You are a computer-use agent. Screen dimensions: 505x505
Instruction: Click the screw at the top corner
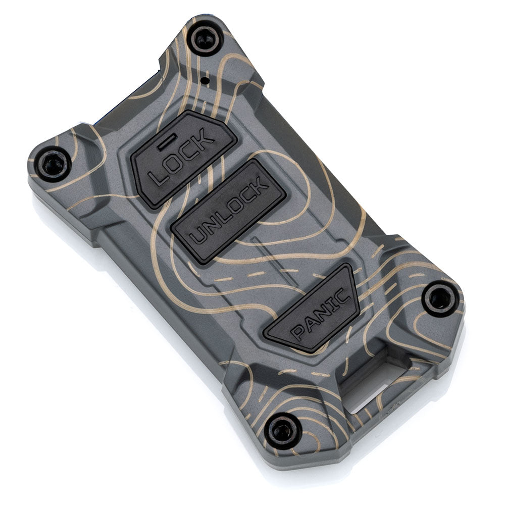click(x=205, y=39)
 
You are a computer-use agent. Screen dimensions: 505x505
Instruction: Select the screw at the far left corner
click(x=53, y=164)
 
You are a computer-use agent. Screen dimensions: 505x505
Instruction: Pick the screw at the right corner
click(x=440, y=298)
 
